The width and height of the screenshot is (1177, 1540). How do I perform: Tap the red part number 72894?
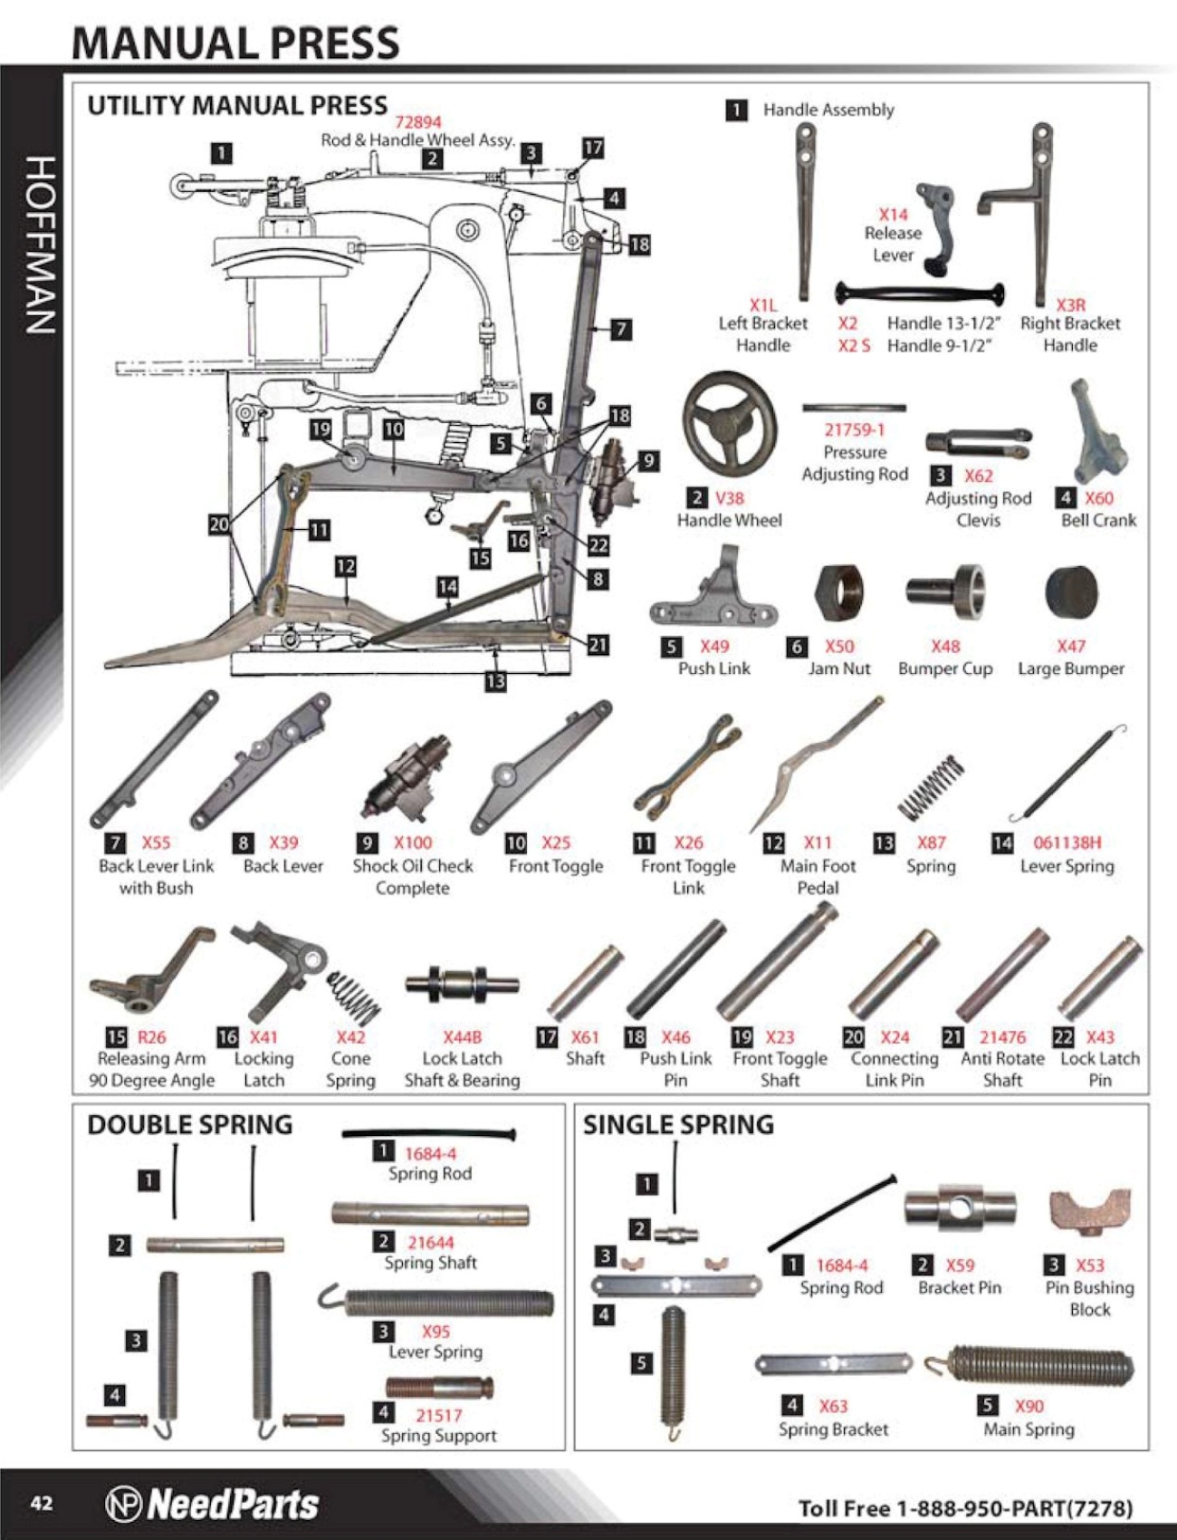(x=417, y=121)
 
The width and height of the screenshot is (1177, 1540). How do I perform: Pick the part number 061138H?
(x=1067, y=842)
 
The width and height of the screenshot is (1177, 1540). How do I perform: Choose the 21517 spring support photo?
(x=439, y=1387)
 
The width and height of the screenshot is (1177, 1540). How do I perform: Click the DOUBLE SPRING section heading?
(x=189, y=1125)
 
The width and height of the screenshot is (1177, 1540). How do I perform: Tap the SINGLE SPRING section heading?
(x=678, y=1125)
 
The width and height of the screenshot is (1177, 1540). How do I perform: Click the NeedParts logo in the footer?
(x=213, y=1504)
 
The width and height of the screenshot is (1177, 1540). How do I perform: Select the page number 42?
(x=42, y=1504)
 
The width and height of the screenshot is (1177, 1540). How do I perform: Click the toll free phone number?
(x=965, y=1508)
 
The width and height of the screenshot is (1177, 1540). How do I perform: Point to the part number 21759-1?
(x=854, y=430)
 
